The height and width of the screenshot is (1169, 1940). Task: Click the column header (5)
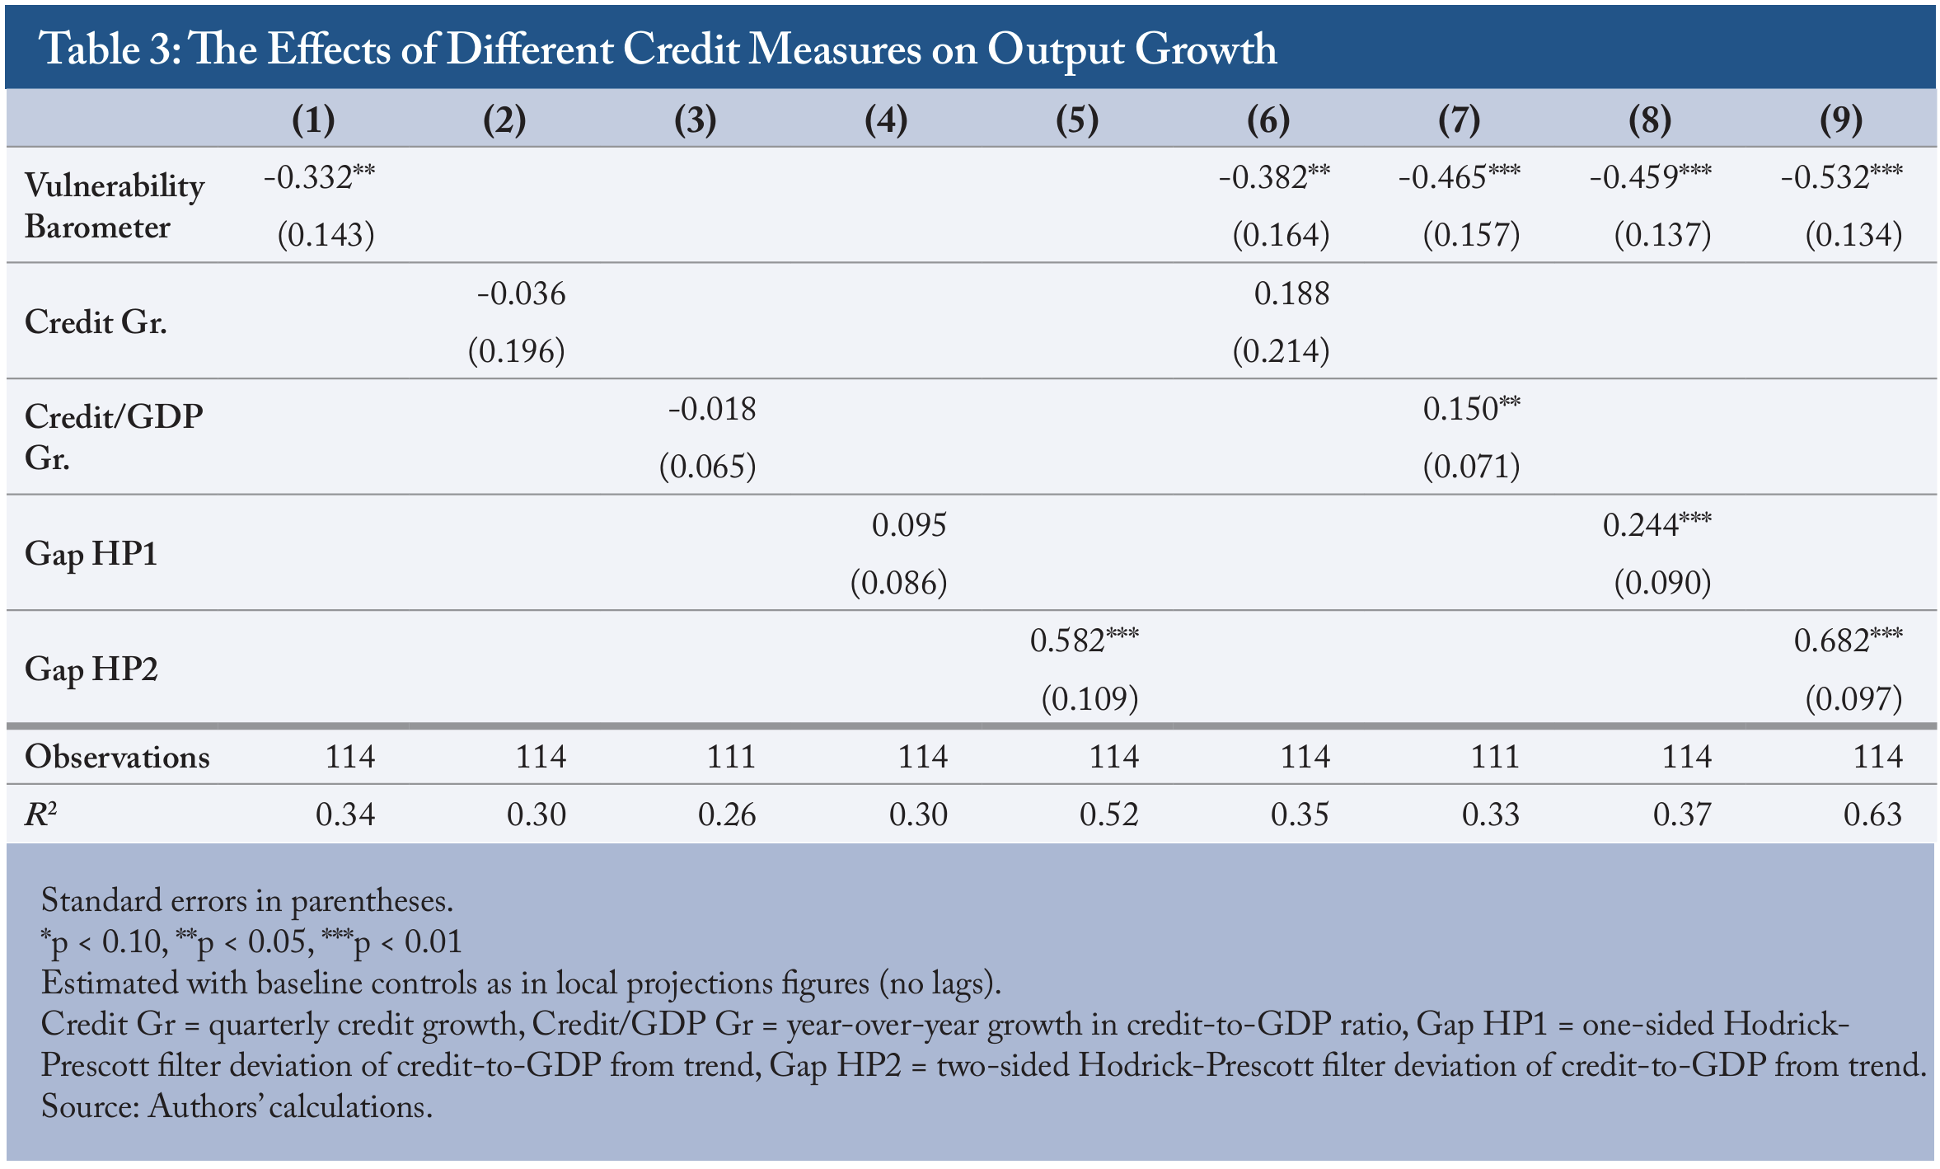[x=1076, y=120]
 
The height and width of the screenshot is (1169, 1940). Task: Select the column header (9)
[x=1840, y=120]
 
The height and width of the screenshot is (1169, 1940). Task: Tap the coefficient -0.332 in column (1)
[x=319, y=176]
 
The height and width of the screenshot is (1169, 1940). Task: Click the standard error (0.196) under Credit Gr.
[x=517, y=351]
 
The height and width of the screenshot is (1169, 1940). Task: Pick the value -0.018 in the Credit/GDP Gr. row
[x=712, y=409]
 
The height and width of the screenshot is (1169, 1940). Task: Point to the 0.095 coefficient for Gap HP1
[x=909, y=525]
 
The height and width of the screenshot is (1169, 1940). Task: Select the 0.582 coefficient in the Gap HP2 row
[x=1085, y=640]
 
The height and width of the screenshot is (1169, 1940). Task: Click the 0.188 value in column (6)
[x=1291, y=293]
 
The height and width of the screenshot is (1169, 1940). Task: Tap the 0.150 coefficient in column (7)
[x=1472, y=409]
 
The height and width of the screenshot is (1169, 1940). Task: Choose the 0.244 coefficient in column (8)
[x=1657, y=524]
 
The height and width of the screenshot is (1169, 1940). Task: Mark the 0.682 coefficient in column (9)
[x=1849, y=640]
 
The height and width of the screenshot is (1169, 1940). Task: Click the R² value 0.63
[x=1872, y=815]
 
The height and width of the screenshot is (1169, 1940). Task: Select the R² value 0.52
[x=1109, y=815]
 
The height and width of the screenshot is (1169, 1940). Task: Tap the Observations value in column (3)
[x=731, y=757]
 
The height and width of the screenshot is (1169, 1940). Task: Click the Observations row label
[x=117, y=757]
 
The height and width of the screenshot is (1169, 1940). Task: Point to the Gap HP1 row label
[x=91, y=553]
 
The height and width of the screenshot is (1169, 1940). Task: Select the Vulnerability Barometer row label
[x=115, y=206]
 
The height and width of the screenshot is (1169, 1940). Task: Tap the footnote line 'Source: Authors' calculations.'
[x=237, y=1106]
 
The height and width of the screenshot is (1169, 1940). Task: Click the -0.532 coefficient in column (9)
[x=1842, y=176]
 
